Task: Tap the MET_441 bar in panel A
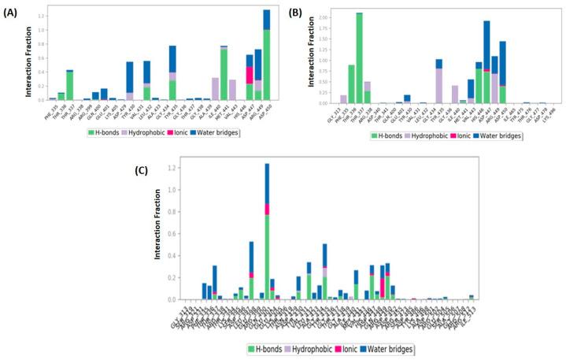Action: point(224,75)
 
